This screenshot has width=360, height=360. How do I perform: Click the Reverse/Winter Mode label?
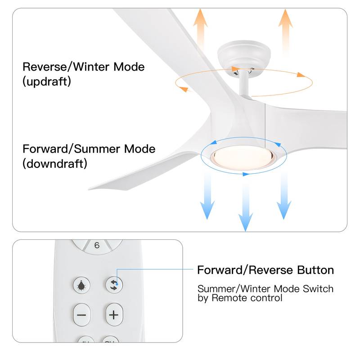[83, 67]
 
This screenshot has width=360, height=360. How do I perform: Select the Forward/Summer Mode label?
[89, 149]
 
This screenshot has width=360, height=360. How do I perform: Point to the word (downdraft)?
[54, 163]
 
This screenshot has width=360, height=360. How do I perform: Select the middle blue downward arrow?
[245, 202]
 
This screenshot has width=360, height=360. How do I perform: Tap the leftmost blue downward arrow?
[207, 196]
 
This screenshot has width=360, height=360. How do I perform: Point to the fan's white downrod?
[244, 83]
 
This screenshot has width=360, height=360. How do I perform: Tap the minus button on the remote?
[81, 315]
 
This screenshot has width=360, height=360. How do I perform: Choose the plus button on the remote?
[114, 315]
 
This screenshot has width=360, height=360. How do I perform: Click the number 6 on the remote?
[97, 246]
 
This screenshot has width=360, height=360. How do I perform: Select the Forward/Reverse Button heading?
[265, 270]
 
